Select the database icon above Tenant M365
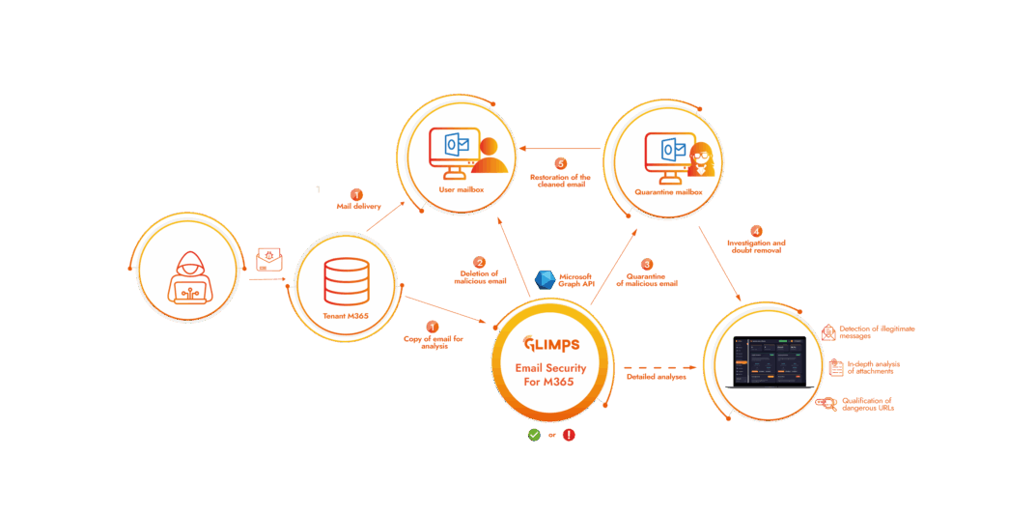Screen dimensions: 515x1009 (346, 278)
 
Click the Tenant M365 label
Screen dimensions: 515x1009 (346, 317)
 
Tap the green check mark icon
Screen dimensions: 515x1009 (533, 435)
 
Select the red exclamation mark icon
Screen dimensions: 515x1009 (569, 435)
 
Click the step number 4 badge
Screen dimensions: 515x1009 (756, 231)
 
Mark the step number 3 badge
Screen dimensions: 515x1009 (647, 264)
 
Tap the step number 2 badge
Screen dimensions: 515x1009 (479, 262)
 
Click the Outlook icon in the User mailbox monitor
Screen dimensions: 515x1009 (457, 146)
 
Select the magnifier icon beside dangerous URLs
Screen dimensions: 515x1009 (826, 404)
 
